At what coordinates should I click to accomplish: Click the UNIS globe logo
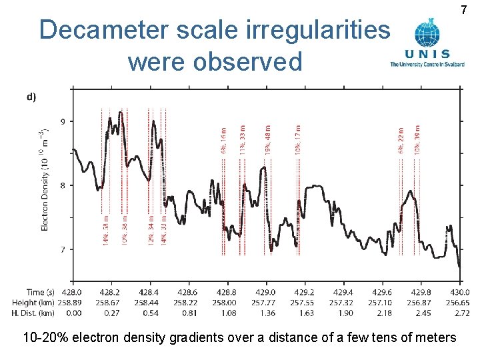427,33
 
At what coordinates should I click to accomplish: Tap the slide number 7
464,10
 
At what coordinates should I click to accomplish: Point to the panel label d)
31,96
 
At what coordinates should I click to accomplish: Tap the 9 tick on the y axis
63,121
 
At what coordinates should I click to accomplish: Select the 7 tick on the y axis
63,249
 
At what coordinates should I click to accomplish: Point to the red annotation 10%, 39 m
417,141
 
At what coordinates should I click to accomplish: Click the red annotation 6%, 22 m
401,142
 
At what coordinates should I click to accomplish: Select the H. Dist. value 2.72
460,312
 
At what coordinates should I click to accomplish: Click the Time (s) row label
41,292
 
